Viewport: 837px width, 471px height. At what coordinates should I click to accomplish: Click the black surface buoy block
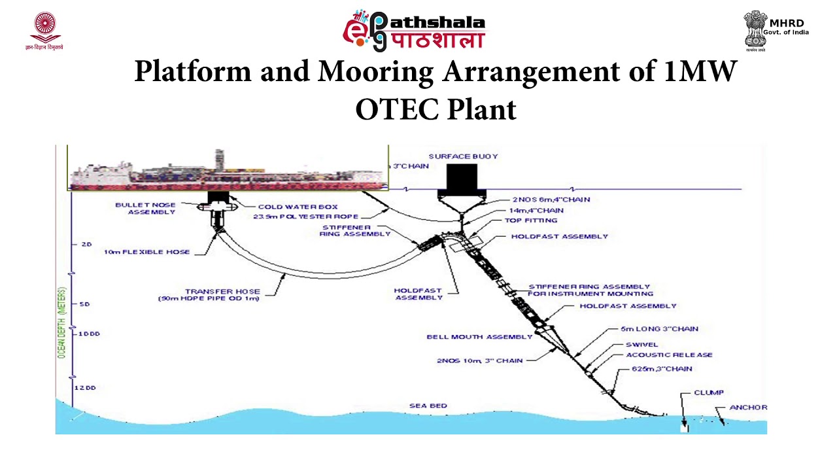click(x=462, y=177)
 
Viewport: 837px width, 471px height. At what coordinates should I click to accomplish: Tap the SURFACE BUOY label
click(x=463, y=156)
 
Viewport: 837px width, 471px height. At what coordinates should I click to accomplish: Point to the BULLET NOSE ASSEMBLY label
click(x=145, y=208)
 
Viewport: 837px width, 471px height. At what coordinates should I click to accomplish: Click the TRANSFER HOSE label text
click(x=213, y=292)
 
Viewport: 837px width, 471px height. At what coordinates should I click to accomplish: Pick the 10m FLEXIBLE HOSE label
click(x=146, y=252)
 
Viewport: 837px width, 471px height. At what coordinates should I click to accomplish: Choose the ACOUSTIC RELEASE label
click(x=669, y=355)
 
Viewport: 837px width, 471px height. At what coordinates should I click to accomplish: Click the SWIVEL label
click(x=641, y=345)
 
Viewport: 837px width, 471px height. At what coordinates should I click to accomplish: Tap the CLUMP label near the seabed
click(x=708, y=392)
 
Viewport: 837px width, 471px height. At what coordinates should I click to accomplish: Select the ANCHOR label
click(x=748, y=408)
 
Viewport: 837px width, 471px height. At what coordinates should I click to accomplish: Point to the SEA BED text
click(x=428, y=406)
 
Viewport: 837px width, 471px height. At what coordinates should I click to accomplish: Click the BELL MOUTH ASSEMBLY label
click(x=479, y=337)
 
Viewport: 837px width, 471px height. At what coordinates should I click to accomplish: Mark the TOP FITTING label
click(x=531, y=221)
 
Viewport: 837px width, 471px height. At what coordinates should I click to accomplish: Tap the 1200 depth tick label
click(x=86, y=388)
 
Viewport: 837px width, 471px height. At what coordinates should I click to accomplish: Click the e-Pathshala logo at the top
click(x=414, y=30)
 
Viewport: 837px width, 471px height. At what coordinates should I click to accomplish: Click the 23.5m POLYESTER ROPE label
click(x=305, y=217)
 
